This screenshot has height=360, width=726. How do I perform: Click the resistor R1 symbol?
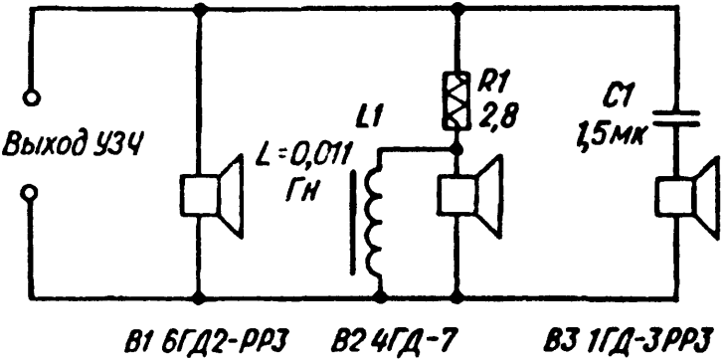coord(457,100)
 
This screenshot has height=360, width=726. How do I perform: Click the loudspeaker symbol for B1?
coord(212,197)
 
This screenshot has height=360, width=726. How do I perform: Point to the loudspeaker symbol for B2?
coord(470,197)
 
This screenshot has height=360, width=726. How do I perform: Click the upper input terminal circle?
coord(32,98)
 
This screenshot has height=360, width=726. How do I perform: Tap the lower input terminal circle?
coord(30,192)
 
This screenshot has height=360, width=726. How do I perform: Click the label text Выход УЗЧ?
coord(71,145)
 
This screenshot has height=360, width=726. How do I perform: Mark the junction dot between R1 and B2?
coord(457,149)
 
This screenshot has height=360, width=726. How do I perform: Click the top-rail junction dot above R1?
coord(457,7)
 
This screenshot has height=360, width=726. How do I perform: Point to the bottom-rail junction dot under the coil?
coord(381,298)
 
